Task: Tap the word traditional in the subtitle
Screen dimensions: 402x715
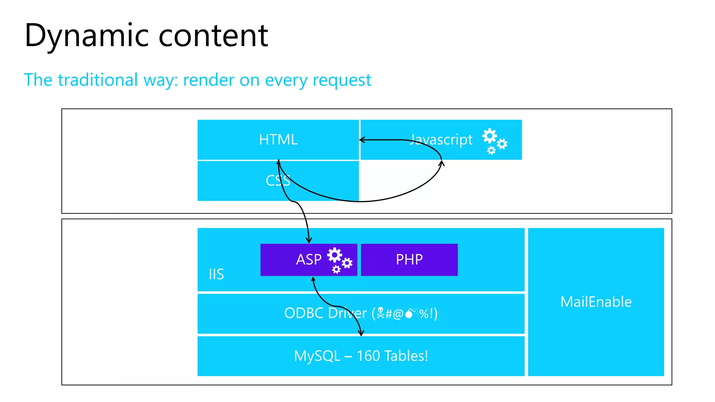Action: [x=98, y=80]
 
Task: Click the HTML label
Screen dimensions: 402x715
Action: [x=278, y=140]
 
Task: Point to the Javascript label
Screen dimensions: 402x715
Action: [x=441, y=140]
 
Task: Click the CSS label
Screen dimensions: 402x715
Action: [x=278, y=180]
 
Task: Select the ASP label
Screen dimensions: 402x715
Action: [x=309, y=260]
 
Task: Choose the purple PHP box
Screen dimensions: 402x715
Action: [x=409, y=260]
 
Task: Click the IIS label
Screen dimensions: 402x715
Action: [x=216, y=274]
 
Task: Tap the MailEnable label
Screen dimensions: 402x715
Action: [x=596, y=302]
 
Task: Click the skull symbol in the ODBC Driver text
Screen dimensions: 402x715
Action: [x=381, y=313]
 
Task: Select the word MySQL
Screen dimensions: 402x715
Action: [x=317, y=356]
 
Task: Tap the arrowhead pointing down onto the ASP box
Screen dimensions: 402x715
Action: [x=309, y=240]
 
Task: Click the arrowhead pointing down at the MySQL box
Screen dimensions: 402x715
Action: [x=361, y=333]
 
